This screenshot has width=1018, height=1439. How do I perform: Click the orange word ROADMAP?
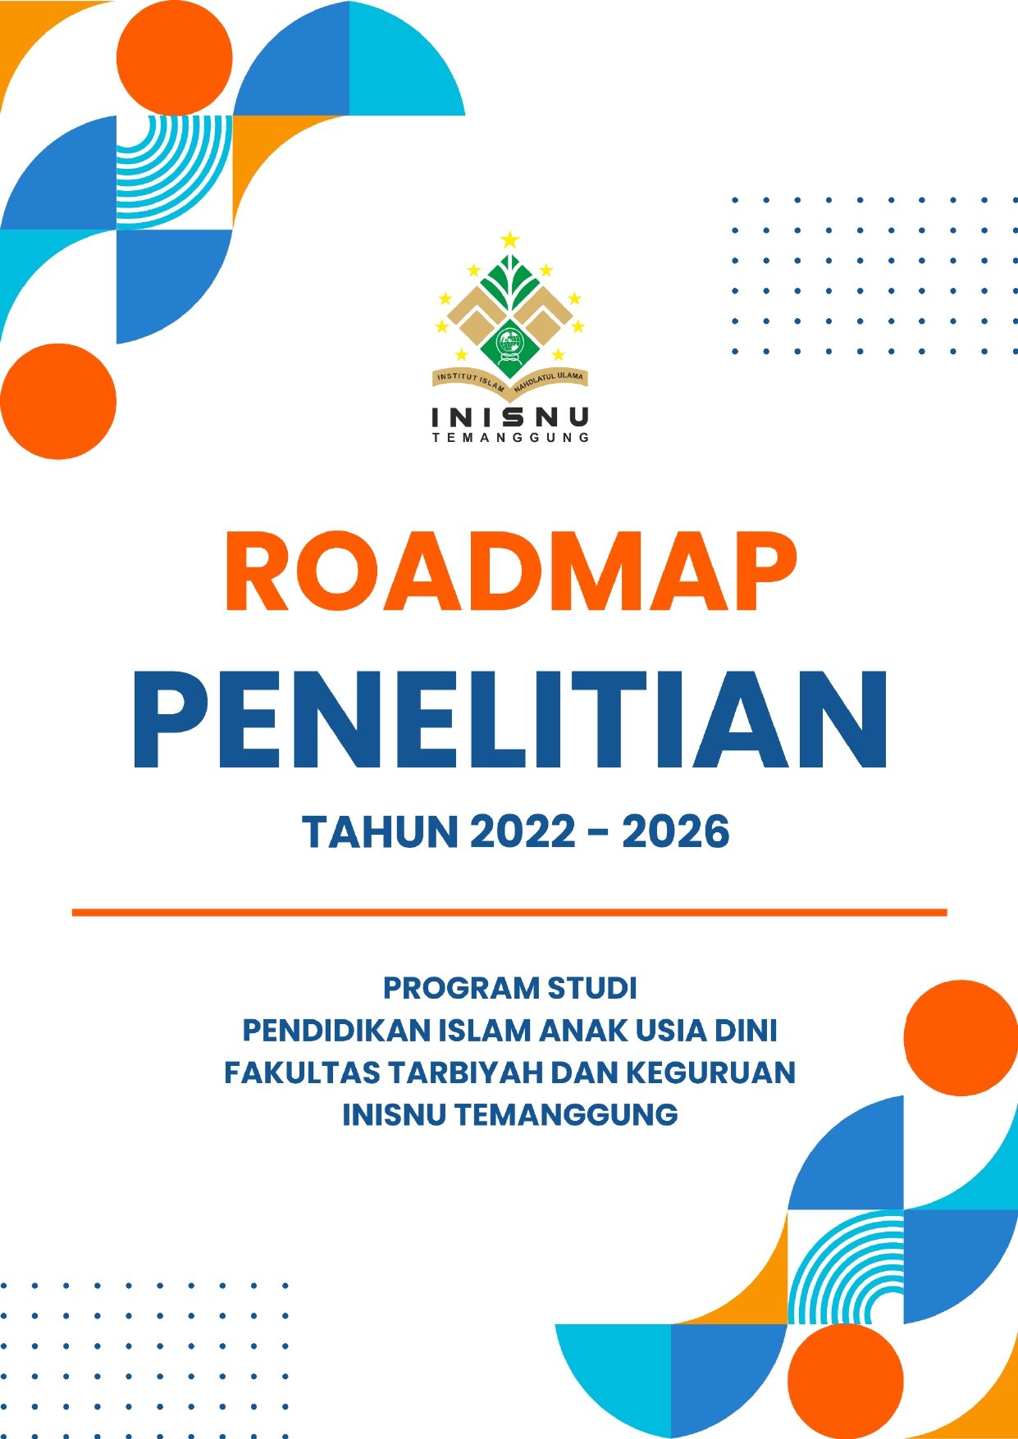click(510, 572)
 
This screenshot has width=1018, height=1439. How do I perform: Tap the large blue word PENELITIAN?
click(509, 720)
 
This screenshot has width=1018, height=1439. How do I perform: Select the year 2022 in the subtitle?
click(523, 832)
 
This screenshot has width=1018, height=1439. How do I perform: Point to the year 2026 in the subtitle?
click(676, 832)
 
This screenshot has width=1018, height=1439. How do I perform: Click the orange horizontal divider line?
click(509, 912)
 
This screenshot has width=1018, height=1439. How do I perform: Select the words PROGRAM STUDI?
click(509, 988)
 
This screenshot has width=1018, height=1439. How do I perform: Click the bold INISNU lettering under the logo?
click(510, 417)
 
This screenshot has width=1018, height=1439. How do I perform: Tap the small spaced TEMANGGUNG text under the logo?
click(510, 438)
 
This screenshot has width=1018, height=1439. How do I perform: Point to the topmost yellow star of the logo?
click(510, 239)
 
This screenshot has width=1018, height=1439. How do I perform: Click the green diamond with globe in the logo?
click(510, 345)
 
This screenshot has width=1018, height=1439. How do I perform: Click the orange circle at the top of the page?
click(174, 58)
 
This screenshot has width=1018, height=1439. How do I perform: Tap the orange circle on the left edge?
click(58, 401)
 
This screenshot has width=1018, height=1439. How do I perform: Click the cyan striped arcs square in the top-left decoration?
click(174, 172)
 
